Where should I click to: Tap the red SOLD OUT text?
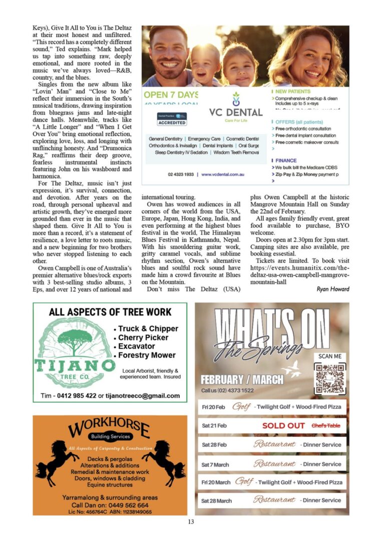click(x=283, y=426)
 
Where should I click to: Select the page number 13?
click(x=191, y=522)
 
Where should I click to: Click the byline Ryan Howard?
click(x=333, y=289)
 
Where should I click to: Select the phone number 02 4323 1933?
click(x=181, y=174)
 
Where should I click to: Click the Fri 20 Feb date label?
click(x=213, y=407)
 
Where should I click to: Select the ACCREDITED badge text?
click(x=172, y=123)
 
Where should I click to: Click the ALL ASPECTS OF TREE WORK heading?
click(x=110, y=312)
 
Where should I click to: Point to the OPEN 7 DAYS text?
click(x=171, y=95)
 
